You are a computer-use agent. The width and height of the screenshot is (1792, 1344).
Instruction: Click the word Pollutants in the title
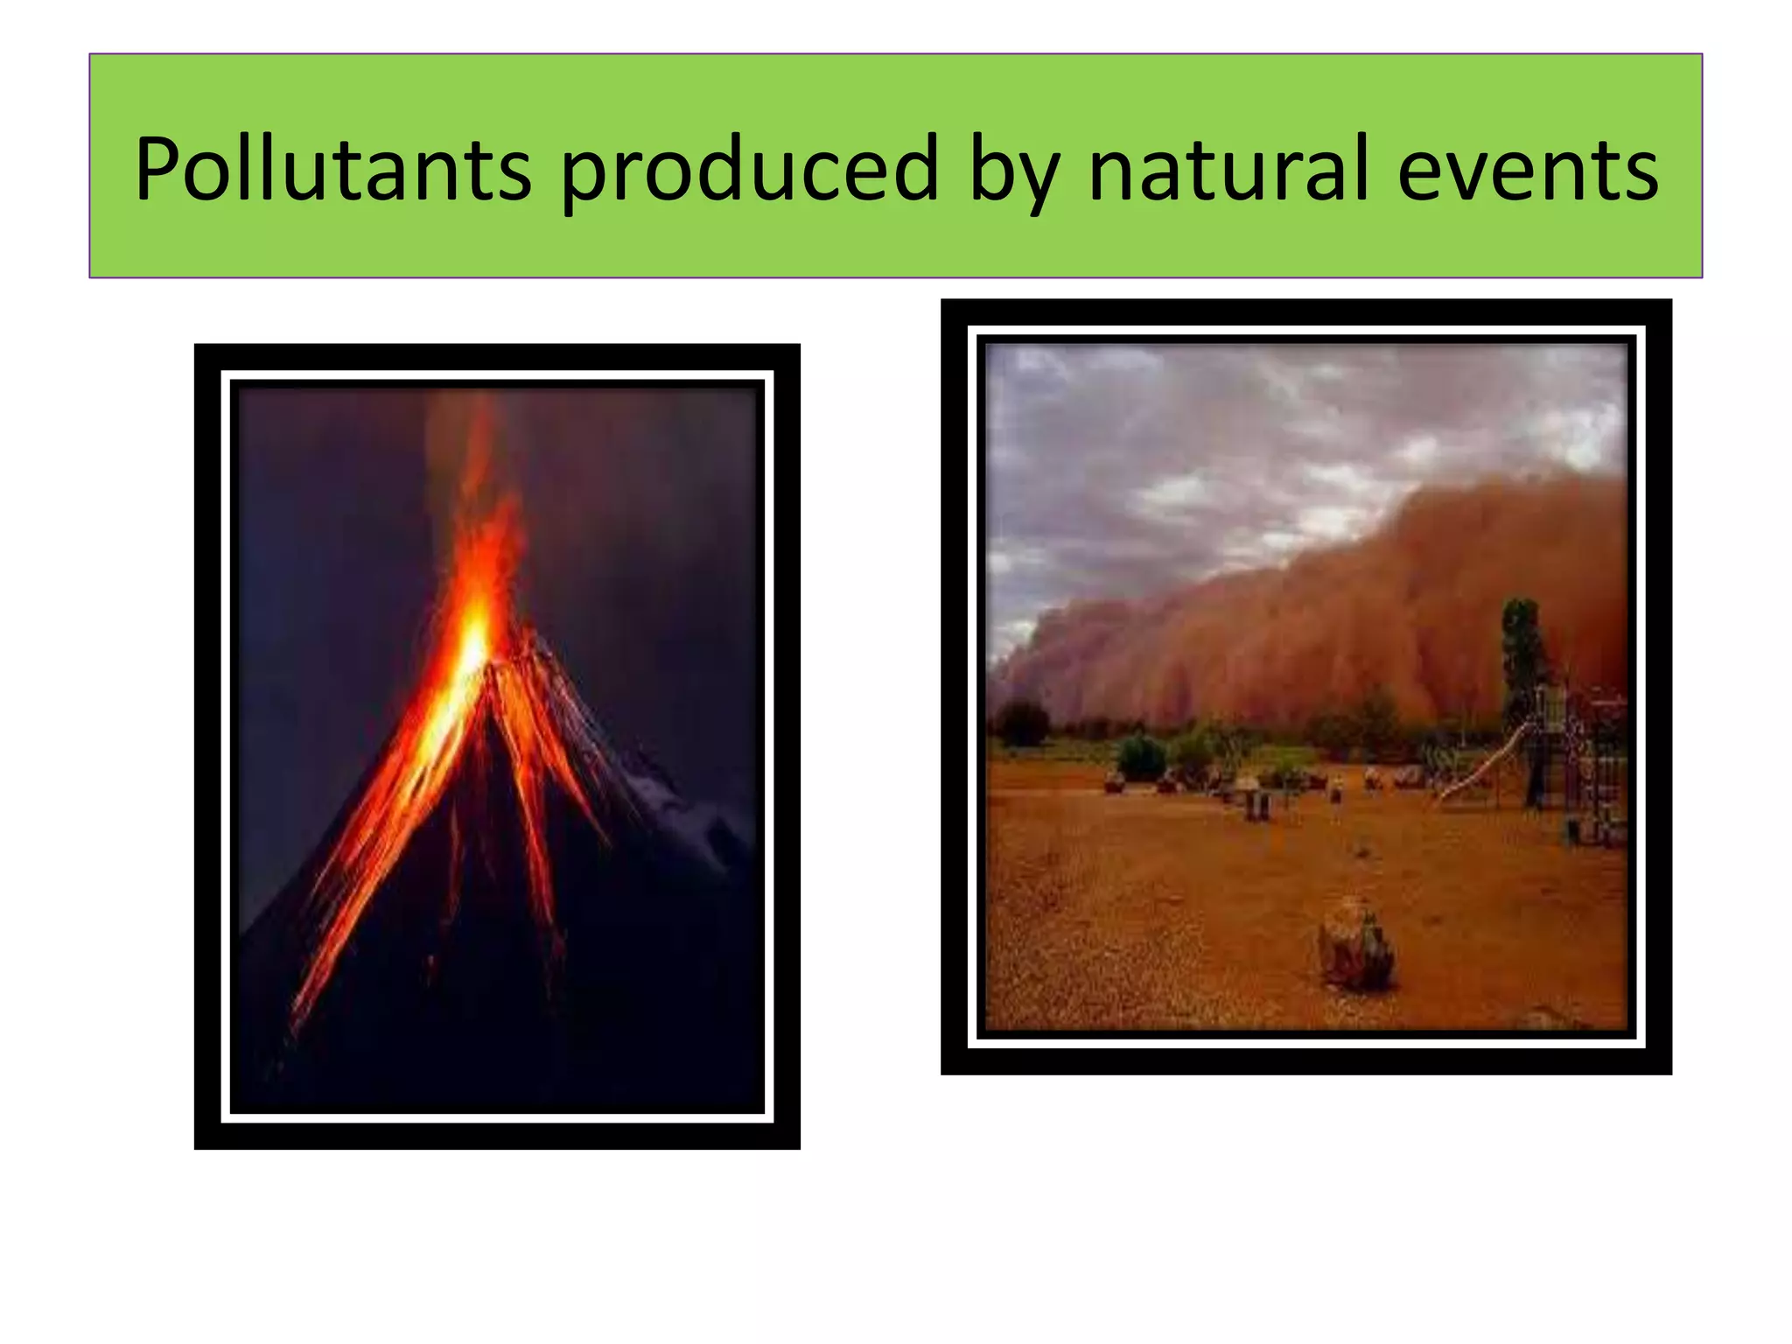[x=332, y=168]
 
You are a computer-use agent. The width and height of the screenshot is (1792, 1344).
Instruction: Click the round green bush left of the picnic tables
[x=1141, y=758]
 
